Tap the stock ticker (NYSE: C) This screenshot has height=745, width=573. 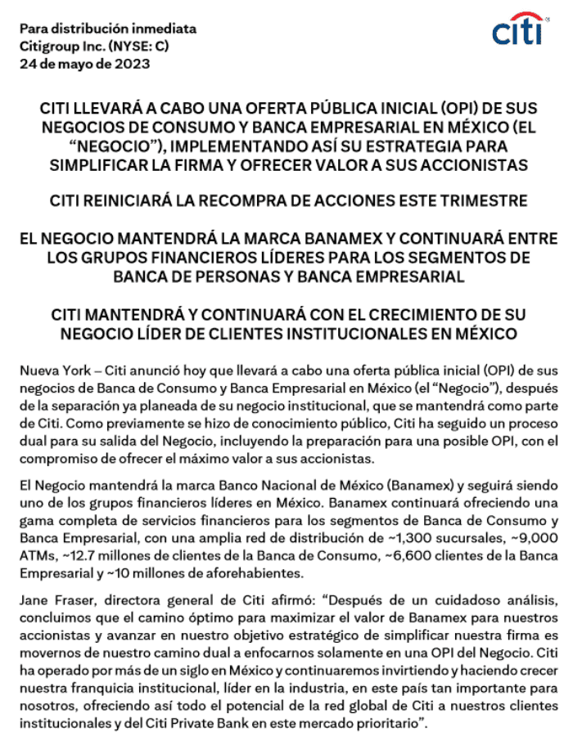tap(133, 46)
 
